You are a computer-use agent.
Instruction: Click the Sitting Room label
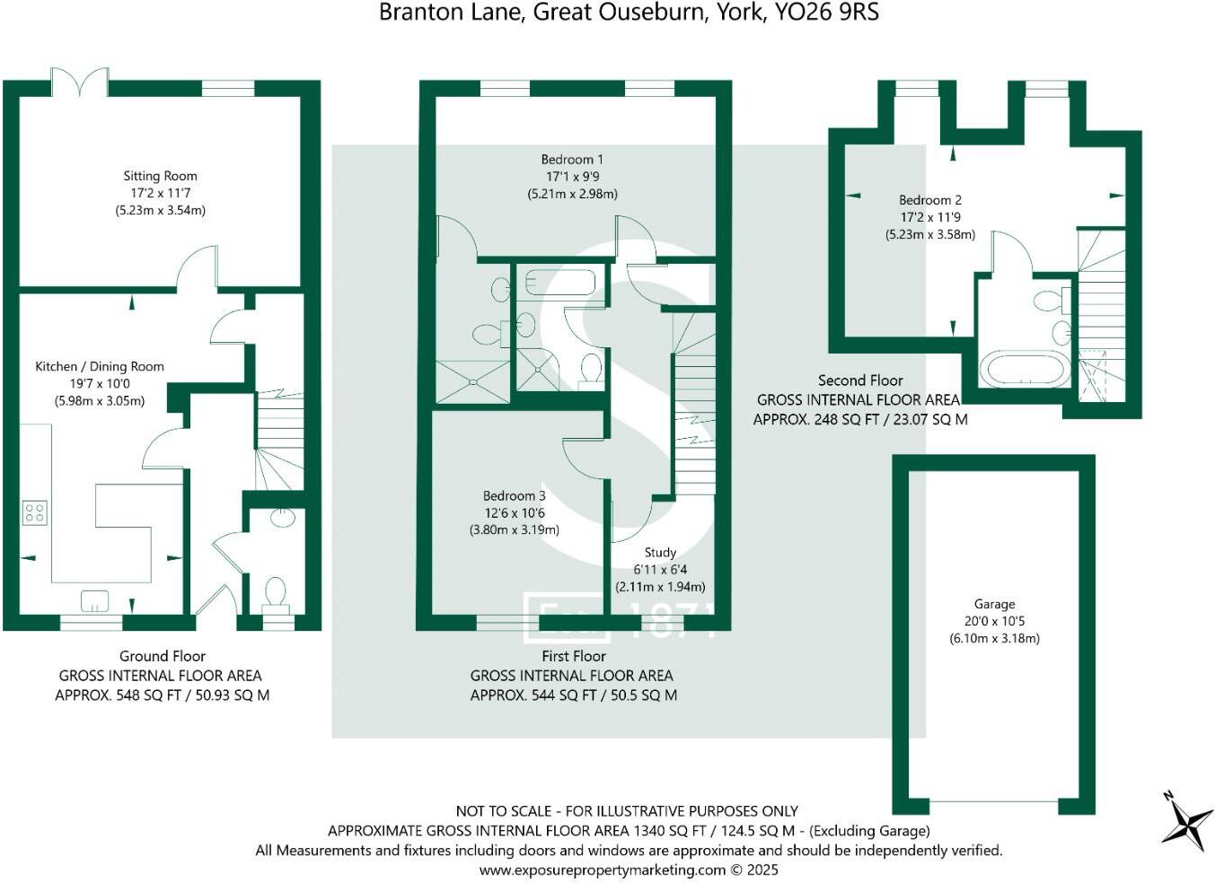click(160, 176)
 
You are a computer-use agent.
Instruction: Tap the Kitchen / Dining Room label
click(100, 366)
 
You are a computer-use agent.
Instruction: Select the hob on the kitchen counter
click(35, 513)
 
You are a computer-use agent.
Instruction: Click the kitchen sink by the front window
click(94, 599)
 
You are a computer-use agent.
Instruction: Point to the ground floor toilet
click(275, 593)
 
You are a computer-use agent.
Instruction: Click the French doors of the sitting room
click(80, 82)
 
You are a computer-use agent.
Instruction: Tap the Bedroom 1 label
click(572, 160)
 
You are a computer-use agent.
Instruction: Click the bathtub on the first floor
click(559, 282)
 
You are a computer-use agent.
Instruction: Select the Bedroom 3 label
click(514, 495)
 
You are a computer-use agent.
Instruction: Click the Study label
click(660, 553)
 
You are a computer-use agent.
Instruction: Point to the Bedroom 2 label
click(930, 200)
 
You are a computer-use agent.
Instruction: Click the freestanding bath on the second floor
click(1025, 369)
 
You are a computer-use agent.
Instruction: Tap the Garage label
click(994, 604)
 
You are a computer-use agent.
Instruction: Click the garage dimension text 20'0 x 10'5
click(994, 621)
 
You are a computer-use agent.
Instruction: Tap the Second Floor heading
click(860, 380)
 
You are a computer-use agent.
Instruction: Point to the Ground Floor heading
click(163, 656)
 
